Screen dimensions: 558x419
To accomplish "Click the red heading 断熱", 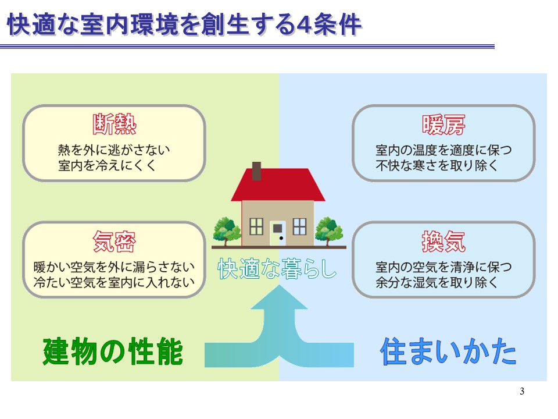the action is pyautogui.click(x=115, y=125).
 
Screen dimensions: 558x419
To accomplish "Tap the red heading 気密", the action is pyautogui.click(x=115, y=241).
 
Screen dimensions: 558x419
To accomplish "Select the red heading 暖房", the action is pyautogui.click(x=443, y=125).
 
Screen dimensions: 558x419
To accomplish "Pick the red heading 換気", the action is pyautogui.click(x=443, y=241).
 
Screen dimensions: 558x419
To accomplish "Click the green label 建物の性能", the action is pyautogui.click(x=113, y=351).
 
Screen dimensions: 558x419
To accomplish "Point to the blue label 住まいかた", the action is pyautogui.click(x=448, y=351).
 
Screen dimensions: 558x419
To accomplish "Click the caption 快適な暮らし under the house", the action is pyautogui.click(x=277, y=269).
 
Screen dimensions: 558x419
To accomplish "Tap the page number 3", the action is pyautogui.click(x=522, y=391).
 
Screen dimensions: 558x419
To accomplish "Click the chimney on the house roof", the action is pyautogui.click(x=256, y=171).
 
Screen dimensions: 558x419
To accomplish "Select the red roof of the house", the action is pyautogui.click(x=278, y=184).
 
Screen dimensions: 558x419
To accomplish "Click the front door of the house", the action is pyautogui.click(x=278, y=233).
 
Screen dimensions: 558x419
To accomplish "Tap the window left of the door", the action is pyautogui.click(x=256, y=226).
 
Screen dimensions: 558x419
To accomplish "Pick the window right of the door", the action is pyautogui.click(x=300, y=226).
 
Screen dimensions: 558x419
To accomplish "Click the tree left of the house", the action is pyautogui.click(x=226, y=230).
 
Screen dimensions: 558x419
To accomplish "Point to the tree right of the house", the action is pyautogui.click(x=329, y=230).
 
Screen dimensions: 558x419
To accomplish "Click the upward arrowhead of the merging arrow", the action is pyautogui.click(x=280, y=296).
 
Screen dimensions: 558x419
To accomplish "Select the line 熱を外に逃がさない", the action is pyautogui.click(x=114, y=150).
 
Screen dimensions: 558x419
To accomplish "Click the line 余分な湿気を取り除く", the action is pyautogui.click(x=437, y=283).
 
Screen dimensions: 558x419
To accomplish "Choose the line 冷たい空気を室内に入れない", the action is pyautogui.click(x=114, y=283).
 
